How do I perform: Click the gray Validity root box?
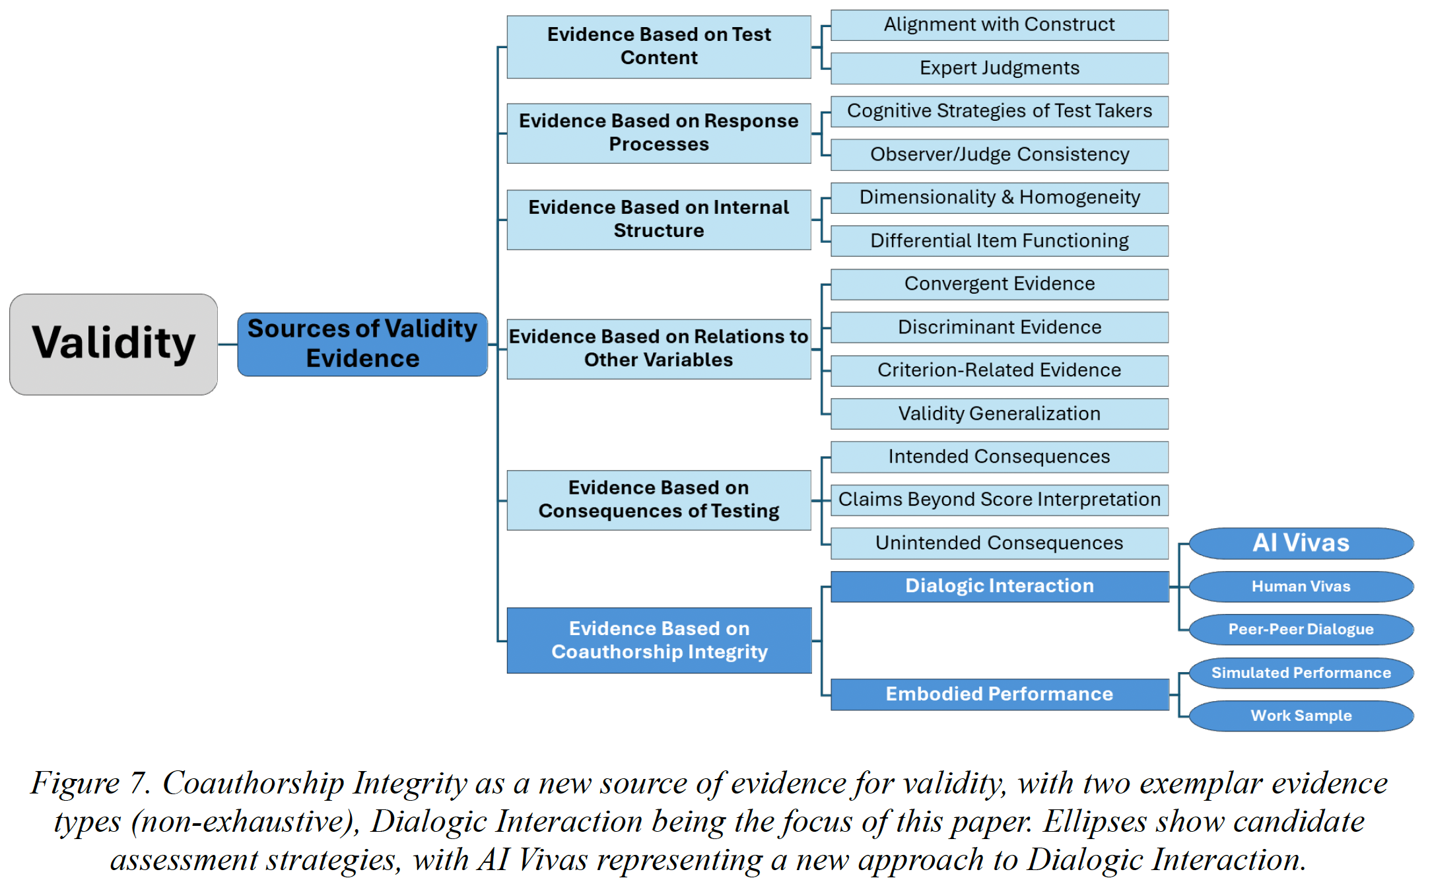click(x=114, y=344)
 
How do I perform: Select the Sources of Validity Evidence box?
click(x=362, y=344)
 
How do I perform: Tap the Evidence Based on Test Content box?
click(x=658, y=46)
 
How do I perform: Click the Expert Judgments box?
click(x=999, y=68)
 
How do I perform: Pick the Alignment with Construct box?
click(x=999, y=24)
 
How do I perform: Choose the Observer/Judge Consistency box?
click(x=999, y=154)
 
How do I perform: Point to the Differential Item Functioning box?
click(x=999, y=241)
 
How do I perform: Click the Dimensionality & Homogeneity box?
click(x=999, y=197)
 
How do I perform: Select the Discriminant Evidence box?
click(x=999, y=327)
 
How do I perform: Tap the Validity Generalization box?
click(x=999, y=414)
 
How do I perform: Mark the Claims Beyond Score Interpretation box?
click(x=999, y=500)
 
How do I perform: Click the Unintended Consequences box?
click(x=999, y=543)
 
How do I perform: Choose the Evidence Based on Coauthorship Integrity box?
click(x=659, y=640)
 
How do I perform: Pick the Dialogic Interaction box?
click(x=999, y=586)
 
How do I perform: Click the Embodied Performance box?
click(x=999, y=694)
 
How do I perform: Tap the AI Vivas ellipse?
click(x=1301, y=543)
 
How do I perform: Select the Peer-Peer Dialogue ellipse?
click(x=1301, y=630)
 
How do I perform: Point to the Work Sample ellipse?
click(x=1301, y=716)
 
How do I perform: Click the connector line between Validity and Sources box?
click(x=228, y=344)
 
